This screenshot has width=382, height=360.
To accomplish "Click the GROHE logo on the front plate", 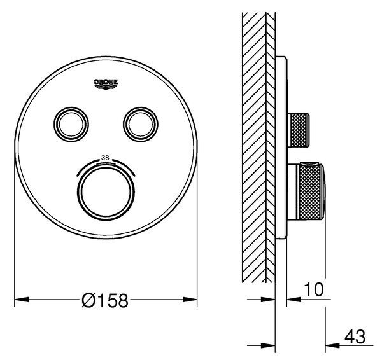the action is point(106,84).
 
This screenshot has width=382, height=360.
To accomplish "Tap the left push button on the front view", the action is point(71,124).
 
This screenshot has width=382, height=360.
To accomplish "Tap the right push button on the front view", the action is point(141,124).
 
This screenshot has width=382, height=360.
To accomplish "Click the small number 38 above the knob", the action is point(105,158).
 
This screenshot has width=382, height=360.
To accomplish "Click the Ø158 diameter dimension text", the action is point(105,301).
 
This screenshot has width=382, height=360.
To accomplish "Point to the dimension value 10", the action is point(314,289).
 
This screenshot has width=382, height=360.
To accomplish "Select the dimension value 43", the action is point(355,337).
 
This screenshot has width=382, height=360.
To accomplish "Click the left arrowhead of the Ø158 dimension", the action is point(22,300).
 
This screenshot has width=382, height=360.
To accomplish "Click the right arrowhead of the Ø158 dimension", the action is point(190,300).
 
